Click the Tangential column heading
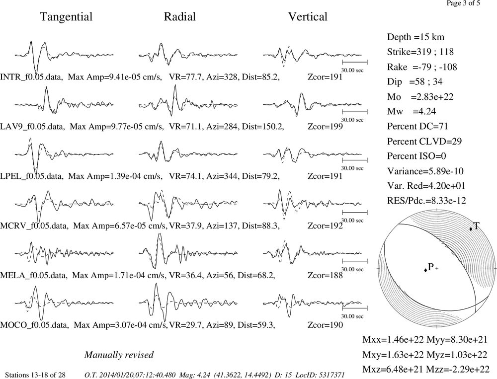tap(66, 17)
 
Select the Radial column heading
tap(180, 16)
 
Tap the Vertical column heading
tap(308, 16)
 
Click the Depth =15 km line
tap(415, 37)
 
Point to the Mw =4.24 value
tap(412, 111)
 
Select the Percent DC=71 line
tap(417, 126)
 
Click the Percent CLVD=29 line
tap(424, 141)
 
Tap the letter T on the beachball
tap(477, 226)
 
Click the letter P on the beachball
tap(430, 267)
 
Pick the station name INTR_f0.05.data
tap(31, 77)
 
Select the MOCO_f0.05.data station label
tap(34, 325)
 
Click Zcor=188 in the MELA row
tap(325, 275)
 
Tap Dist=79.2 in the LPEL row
tap(260, 176)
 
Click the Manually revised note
tap(119, 355)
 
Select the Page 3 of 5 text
tap(463, 3)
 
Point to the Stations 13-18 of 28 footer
tap(35, 375)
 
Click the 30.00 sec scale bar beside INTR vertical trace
tap(355, 62)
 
